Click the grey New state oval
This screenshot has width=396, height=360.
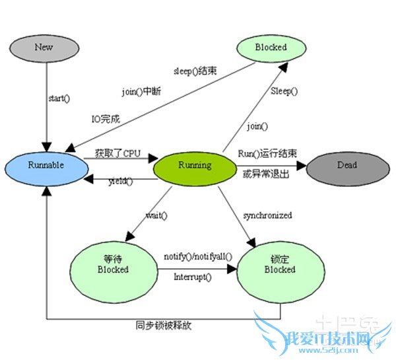point(44,47)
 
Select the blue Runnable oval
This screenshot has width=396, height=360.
point(46,164)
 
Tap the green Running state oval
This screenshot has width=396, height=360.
point(194,165)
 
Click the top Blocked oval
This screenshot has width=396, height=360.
point(271,47)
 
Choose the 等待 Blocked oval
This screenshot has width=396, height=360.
point(113,264)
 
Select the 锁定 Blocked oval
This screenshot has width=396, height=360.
point(279,265)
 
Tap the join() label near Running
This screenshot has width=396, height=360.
point(257,126)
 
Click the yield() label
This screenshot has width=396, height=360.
point(120,181)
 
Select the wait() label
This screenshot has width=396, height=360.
point(156,215)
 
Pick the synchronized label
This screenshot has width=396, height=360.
point(267,215)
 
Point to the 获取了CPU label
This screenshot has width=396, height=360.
point(117,153)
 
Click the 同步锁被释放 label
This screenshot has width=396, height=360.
point(164,326)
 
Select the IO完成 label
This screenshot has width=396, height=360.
point(105,118)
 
